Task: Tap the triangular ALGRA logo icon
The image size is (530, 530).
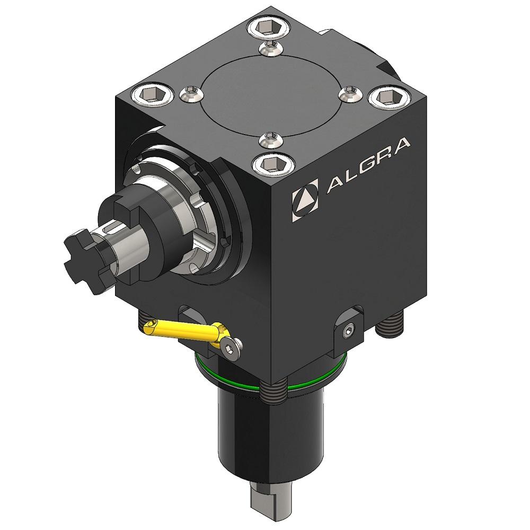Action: (x=306, y=200)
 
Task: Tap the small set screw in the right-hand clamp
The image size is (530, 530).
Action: (x=347, y=331)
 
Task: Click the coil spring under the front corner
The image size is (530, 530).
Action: (x=273, y=391)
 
